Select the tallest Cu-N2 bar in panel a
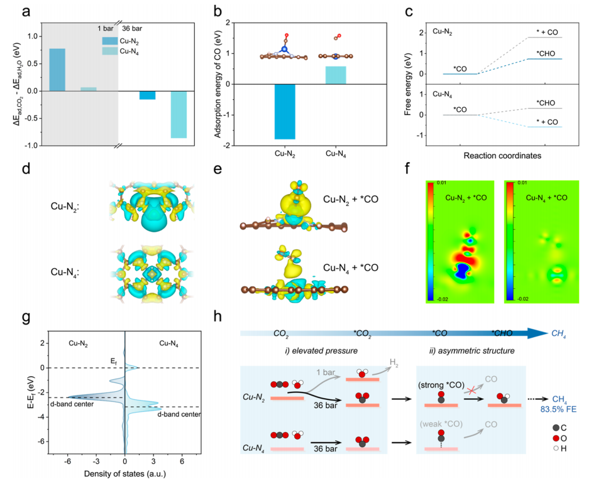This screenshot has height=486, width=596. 57,70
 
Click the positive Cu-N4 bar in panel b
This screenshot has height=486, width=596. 336,75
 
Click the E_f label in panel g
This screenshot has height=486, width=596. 113,360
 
